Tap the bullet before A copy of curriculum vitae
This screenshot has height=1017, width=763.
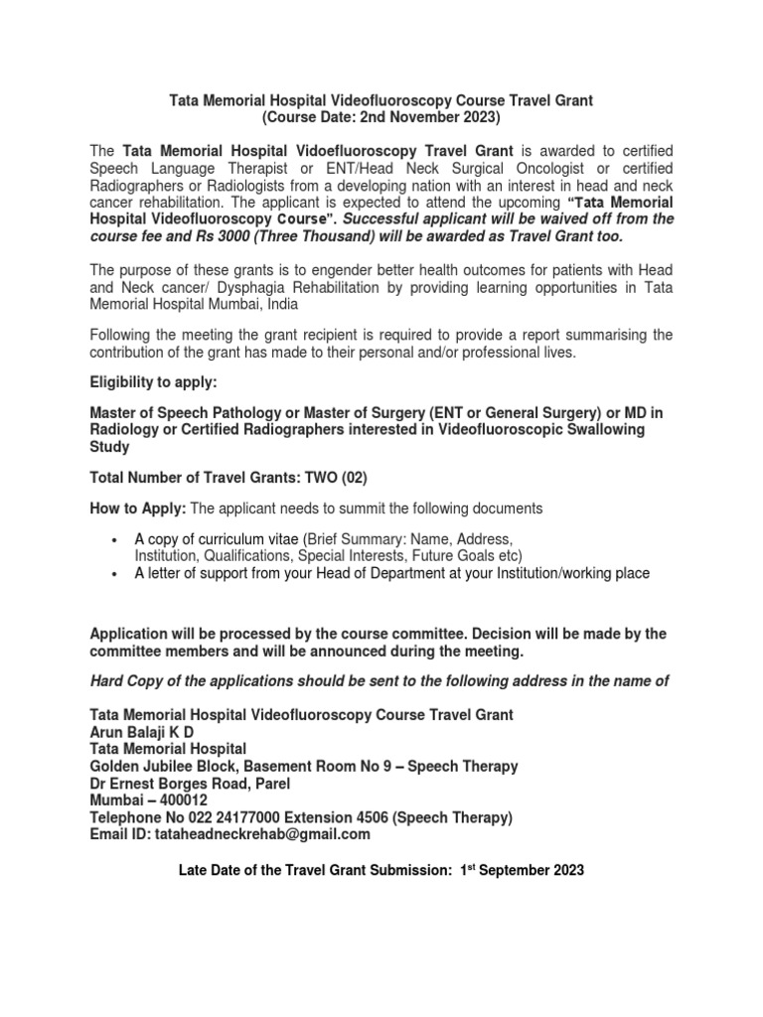click(x=114, y=538)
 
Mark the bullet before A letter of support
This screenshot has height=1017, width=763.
click(x=114, y=574)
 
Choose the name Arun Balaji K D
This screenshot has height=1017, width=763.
click(x=145, y=731)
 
